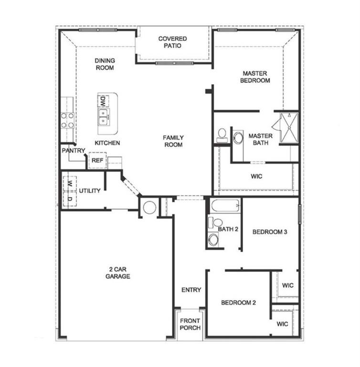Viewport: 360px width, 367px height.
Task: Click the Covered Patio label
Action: [172, 42]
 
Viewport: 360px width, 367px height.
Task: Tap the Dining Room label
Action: [105, 64]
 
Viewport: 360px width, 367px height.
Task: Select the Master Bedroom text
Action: [256, 77]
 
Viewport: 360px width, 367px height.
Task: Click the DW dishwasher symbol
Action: [103, 101]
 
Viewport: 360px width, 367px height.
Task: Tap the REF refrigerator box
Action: [97, 161]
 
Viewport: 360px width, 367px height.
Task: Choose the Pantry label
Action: [73, 151]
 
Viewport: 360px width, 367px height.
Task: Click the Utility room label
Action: [90, 191]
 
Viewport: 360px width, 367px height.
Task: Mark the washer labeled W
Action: [69, 183]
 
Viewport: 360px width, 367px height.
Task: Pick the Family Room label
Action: [173, 141]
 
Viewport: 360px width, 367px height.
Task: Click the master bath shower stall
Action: [288, 128]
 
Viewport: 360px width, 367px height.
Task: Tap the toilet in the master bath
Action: [222, 135]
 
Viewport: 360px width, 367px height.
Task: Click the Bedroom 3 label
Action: [269, 232]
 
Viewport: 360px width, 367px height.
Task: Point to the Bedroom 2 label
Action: [238, 302]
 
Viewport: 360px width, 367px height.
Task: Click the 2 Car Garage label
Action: [117, 273]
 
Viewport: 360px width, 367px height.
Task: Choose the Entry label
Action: [191, 290]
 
